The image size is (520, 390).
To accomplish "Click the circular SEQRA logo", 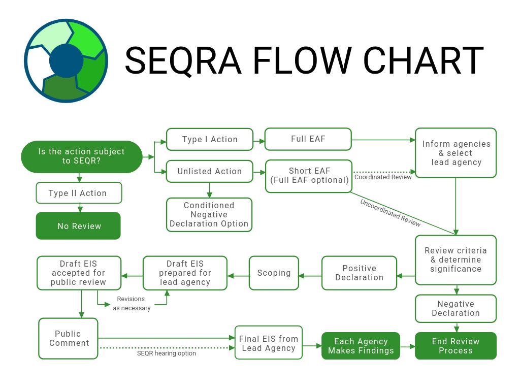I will pyautogui.click(x=66, y=61).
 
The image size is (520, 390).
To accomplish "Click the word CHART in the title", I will pyautogui.click(x=424, y=61).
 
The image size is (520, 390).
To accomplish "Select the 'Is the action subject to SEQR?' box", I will pyautogui.click(x=81, y=156).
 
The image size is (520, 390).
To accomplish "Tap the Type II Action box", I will pyautogui.click(x=79, y=193).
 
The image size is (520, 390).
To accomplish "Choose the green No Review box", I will pyautogui.click(x=78, y=226).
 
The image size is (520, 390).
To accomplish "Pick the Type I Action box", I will pyautogui.click(x=210, y=139).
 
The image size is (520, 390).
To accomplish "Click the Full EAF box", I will pyautogui.click(x=308, y=139).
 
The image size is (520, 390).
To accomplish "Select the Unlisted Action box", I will pyautogui.click(x=209, y=171).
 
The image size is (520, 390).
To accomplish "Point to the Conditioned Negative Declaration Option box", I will pyautogui.click(x=209, y=214).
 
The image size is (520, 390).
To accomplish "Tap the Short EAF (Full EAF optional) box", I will pyautogui.click(x=309, y=176).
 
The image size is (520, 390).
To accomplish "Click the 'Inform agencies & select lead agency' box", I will pyautogui.click(x=456, y=153).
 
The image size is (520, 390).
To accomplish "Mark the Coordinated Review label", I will pyautogui.click(x=383, y=177).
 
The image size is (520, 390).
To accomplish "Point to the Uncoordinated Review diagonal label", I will pyautogui.click(x=390, y=212).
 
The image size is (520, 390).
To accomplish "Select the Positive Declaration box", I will pyautogui.click(x=359, y=273).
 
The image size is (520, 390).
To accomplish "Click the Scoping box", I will pyautogui.click(x=274, y=273).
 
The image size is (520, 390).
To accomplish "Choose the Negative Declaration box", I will pyautogui.click(x=456, y=308).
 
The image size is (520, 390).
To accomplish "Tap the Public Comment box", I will pyautogui.click(x=69, y=338).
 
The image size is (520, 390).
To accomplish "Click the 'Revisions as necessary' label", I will pyautogui.click(x=131, y=304).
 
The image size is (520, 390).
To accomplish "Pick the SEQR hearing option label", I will pyautogui.click(x=167, y=353).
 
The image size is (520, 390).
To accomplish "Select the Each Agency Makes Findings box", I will pyautogui.click(x=361, y=346).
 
